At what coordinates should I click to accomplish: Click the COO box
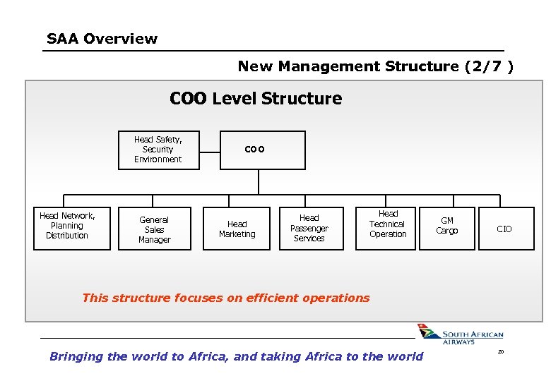pos(263,150)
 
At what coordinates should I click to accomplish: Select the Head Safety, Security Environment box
pos(159,150)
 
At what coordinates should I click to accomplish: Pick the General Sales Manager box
pos(154,229)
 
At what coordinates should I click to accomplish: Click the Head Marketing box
pos(237,229)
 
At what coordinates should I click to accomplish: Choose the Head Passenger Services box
pos(309,229)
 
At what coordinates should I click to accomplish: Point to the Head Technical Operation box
pos(388,224)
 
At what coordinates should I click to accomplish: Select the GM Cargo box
pos(446,226)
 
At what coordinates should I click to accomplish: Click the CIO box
pos(504,229)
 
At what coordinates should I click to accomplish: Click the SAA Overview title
pos(102,39)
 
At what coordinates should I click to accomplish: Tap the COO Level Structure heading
pos(256,99)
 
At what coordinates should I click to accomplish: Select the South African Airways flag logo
pos(427,332)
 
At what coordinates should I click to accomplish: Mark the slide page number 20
pos(500,352)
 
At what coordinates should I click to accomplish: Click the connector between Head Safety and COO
pos(210,150)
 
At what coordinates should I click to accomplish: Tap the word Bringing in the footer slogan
pos(76,356)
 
